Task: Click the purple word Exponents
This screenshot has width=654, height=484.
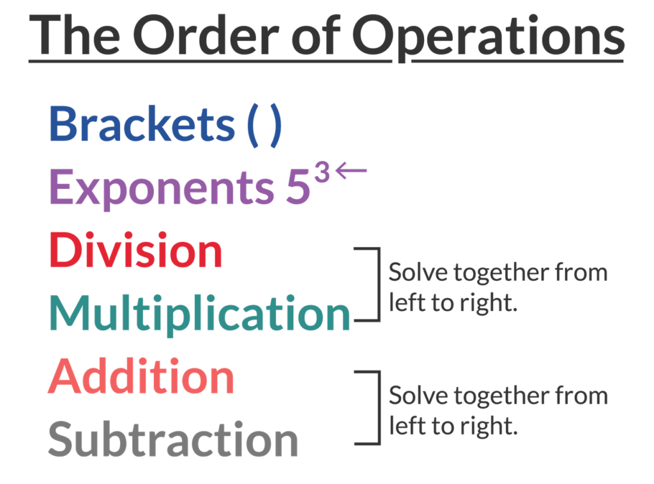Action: (x=160, y=188)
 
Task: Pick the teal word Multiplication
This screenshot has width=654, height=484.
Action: (x=200, y=313)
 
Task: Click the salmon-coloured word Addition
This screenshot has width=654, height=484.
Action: (x=141, y=376)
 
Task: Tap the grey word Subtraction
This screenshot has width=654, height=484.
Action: (x=173, y=439)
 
